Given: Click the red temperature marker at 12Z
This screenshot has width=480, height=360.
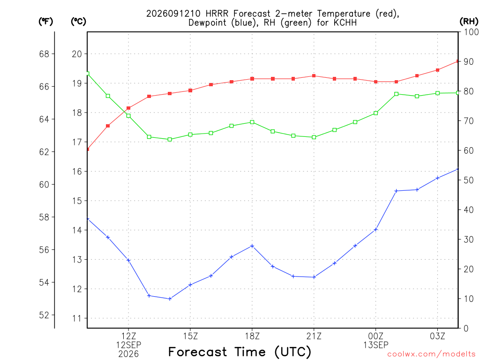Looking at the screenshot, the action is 128,108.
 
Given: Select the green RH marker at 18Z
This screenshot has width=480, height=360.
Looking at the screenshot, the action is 252,122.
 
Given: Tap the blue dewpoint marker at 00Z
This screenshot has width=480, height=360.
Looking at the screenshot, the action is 376,229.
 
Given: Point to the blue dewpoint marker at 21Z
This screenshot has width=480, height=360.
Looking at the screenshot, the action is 314,277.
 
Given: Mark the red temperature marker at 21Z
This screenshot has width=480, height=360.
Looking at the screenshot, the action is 314,75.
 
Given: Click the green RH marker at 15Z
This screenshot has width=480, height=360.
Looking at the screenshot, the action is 190,135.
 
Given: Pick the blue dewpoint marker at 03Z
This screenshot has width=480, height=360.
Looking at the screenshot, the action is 438,178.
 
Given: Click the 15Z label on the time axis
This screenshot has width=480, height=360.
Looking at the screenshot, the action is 190,336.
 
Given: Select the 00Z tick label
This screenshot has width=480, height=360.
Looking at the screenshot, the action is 376,336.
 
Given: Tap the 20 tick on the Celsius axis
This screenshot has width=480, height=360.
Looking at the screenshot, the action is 77,54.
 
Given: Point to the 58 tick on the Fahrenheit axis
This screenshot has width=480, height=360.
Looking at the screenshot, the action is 44,217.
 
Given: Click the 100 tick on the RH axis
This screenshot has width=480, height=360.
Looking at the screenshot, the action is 471,32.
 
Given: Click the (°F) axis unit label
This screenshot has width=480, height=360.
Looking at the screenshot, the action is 45,22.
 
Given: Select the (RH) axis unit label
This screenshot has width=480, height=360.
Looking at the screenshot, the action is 469,22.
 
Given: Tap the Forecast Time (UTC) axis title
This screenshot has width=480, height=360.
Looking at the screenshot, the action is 240,352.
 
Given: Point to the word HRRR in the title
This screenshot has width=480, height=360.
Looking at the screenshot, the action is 217,14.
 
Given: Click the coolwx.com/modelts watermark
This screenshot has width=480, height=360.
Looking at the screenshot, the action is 431,354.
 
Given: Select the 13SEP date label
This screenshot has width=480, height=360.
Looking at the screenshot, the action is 376,345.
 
